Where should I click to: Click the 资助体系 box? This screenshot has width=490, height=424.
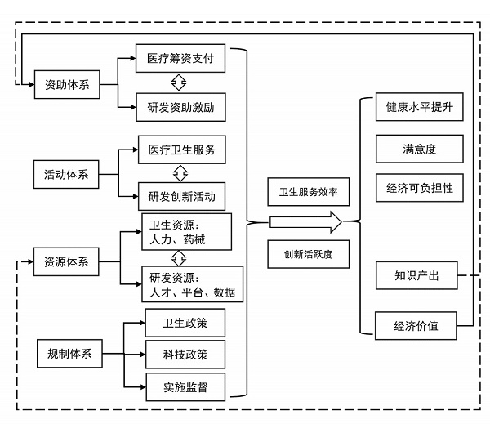pyautogui.click(x=67, y=84)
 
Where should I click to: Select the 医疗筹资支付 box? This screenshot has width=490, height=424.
pyautogui.click(x=180, y=60)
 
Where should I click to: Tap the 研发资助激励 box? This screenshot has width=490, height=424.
pyautogui.click(x=180, y=106)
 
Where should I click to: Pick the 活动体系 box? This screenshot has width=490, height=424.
pyautogui.click(x=67, y=173)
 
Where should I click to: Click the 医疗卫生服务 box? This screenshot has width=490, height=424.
pyautogui.click(x=181, y=150)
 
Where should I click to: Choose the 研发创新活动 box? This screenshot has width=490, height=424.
pyautogui.click(x=181, y=195)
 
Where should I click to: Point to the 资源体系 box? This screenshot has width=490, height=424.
pyautogui.click(x=67, y=262)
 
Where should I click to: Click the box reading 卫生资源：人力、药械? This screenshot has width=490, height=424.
pyautogui.click(x=185, y=233)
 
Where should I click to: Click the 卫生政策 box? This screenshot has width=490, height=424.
pyautogui.click(x=185, y=324)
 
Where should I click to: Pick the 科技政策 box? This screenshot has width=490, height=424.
pyautogui.click(x=185, y=354)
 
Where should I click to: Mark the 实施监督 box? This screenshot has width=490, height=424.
pyautogui.click(x=185, y=386)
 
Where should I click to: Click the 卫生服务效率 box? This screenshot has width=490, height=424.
pyautogui.click(x=309, y=192)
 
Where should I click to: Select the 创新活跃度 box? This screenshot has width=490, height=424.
pyautogui.click(x=309, y=253)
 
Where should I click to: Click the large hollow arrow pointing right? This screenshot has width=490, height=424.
pyautogui.click(x=305, y=221)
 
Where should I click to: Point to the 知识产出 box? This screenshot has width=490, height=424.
pyautogui.click(x=416, y=276)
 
